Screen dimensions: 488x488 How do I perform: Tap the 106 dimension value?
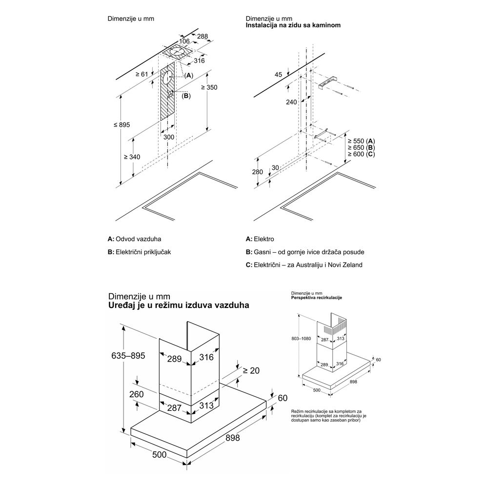[x=184, y=42]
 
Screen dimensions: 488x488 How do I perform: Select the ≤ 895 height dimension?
[x=122, y=125]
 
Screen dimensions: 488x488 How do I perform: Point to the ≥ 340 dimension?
[x=132, y=157]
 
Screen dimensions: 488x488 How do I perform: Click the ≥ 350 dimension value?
[x=209, y=87]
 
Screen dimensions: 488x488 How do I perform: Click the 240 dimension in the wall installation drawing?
[x=291, y=102]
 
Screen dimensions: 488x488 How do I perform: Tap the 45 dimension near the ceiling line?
[x=279, y=75]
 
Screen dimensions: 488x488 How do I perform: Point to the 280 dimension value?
[x=258, y=172]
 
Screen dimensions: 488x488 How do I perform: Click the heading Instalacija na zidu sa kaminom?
[x=293, y=25]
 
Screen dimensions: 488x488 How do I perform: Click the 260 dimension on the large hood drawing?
[x=137, y=393]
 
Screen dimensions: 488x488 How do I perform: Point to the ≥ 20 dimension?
[x=252, y=371]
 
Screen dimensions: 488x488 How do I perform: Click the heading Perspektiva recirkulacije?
[x=316, y=298]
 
